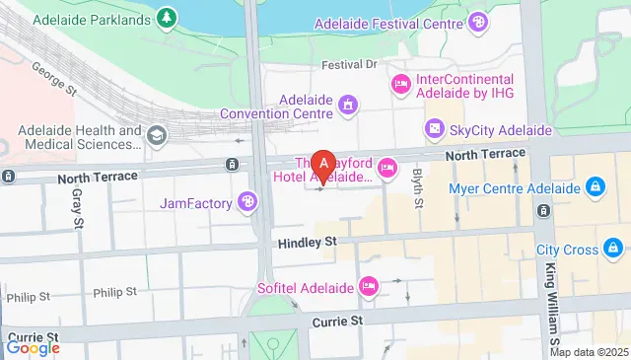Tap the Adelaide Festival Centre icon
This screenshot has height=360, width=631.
478,21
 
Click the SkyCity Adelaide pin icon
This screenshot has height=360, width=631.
434,129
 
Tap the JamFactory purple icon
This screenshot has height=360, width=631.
247,204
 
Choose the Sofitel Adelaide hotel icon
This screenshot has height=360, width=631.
369,286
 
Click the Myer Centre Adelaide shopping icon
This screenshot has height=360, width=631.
595,187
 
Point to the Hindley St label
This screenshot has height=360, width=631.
307,240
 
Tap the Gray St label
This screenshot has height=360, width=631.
78,207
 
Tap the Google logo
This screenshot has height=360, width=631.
33,347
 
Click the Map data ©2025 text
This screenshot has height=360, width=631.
589,352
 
